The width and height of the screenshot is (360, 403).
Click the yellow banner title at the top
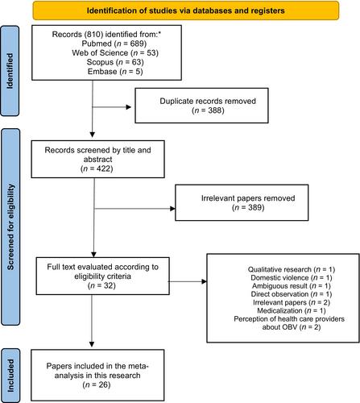pos(185,10)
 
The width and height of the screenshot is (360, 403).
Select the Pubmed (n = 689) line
pos(114,44)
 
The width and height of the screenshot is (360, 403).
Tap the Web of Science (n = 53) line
pos(115,52)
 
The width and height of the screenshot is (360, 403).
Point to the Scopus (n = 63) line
pos(115,62)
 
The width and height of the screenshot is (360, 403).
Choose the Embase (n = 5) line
pos(115,72)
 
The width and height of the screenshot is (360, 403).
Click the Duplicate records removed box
pos(201,106)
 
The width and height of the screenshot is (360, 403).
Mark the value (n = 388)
pos(208,110)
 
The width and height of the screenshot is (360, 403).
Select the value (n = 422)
pos(97,168)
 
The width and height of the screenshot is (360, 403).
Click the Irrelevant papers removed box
pos(242,203)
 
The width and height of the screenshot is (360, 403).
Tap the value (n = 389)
pos(248,207)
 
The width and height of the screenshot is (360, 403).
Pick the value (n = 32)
pos(101,285)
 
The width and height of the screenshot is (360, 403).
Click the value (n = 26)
pos(97,384)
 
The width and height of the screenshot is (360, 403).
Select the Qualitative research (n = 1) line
pos(292,269)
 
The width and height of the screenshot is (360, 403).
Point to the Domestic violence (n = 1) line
pos(292,277)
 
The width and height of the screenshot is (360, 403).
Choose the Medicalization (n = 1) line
pos(292,310)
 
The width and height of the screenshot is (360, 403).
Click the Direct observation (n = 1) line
pos(292,294)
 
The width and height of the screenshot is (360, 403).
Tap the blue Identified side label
pos(10,71)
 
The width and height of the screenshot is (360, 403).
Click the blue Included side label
pos(10,376)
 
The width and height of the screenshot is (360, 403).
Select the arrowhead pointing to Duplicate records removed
pos(129,107)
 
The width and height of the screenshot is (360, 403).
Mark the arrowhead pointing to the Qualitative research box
pos(204,281)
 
